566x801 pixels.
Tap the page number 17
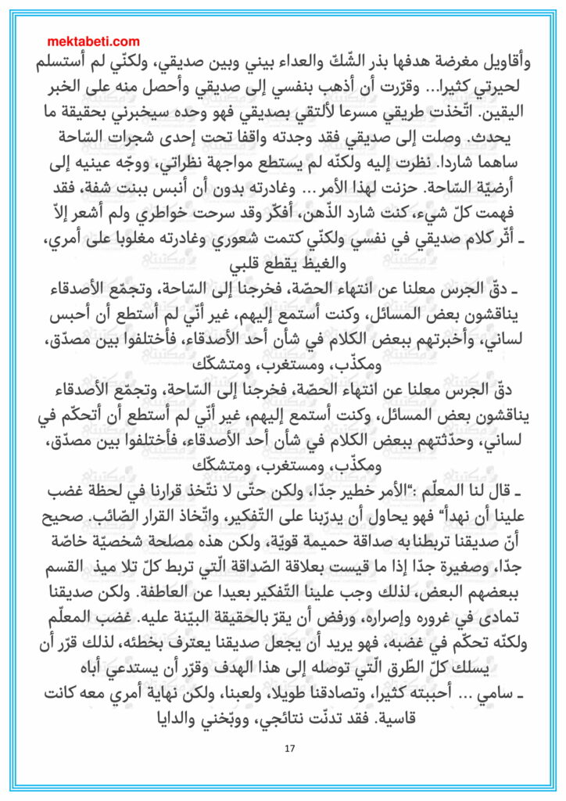tap(289, 749)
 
